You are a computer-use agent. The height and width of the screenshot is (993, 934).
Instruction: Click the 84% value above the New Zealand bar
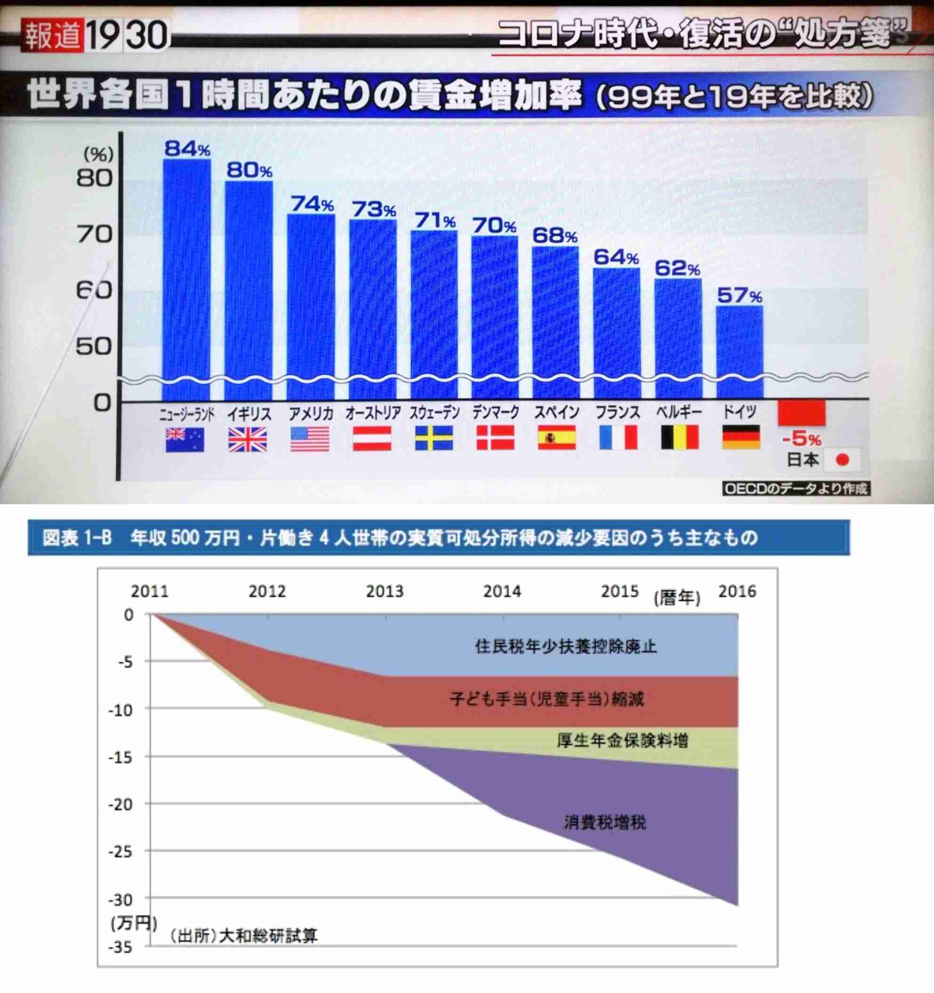(187, 148)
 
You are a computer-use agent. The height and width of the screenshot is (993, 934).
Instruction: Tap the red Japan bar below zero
(802, 413)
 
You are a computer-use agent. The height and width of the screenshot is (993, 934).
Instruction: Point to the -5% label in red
(802, 439)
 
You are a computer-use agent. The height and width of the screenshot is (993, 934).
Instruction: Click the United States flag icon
(310, 439)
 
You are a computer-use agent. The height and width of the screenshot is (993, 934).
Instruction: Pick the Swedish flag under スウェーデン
(434, 438)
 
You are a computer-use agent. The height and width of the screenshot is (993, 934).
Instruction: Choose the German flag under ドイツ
(741, 437)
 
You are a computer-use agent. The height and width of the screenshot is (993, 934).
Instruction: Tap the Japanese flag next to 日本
(842, 460)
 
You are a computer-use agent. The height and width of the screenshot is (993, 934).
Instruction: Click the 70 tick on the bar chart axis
(95, 234)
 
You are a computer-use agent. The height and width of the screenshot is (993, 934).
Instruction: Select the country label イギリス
(249, 413)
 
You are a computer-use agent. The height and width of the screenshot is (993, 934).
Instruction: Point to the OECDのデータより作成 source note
(796, 489)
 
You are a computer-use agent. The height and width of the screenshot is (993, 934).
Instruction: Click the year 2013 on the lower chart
(384, 591)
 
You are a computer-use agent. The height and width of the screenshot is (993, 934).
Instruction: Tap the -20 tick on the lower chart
(120, 805)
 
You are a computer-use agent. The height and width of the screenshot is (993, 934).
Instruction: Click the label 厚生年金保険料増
(622, 740)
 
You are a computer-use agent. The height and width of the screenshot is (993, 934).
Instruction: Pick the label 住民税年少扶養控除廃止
(566, 647)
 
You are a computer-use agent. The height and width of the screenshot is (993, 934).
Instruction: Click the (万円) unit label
(134, 923)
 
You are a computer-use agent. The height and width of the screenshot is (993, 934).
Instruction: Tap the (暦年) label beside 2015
(677, 598)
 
